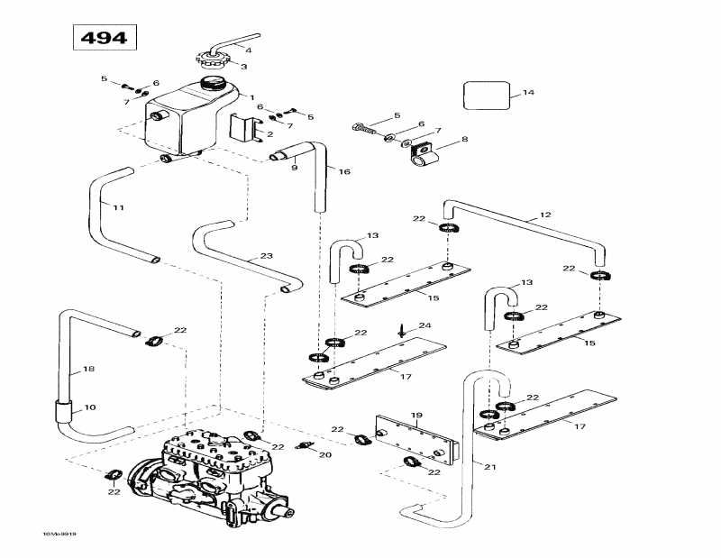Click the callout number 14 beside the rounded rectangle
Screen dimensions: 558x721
point(528,93)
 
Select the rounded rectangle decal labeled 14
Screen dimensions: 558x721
point(487,95)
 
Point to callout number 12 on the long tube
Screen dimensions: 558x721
point(544,215)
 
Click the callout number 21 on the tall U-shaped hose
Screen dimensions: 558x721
point(489,466)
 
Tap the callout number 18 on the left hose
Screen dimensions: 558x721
point(88,369)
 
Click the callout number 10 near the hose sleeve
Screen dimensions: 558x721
point(89,407)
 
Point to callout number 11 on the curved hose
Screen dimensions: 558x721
point(118,207)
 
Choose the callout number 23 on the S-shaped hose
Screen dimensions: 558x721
point(265,257)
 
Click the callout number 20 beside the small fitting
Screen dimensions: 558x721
point(325,455)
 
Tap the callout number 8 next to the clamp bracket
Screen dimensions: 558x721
point(464,139)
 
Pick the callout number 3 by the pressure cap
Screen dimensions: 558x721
point(242,66)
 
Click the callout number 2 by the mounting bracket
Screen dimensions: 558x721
point(269,134)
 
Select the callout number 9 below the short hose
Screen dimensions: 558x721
point(294,167)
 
